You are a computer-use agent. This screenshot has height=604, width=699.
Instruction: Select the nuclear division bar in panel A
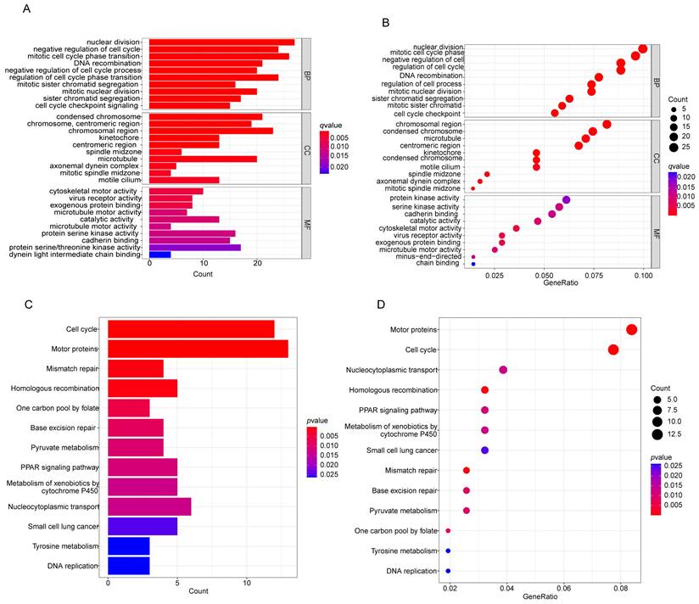tap(221, 42)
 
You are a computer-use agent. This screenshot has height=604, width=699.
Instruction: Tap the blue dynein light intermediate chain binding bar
tap(160, 254)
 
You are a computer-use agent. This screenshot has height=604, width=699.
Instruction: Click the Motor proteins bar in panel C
tap(198, 349)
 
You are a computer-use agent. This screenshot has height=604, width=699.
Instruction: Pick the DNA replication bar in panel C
tap(129, 566)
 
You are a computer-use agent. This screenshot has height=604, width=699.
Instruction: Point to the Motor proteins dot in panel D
tap(631, 330)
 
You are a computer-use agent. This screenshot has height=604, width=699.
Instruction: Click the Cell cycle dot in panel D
tap(613, 350)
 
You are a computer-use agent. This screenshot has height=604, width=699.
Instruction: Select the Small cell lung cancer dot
tap(484, 450)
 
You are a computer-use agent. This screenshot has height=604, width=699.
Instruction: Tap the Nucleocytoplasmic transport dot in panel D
tap(503, 370)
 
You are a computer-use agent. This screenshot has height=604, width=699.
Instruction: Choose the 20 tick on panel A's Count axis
tap(258, 264)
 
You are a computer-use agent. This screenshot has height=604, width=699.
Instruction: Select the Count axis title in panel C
tap(199, 590)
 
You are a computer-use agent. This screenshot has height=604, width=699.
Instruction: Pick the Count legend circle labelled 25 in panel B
tap(672, 147)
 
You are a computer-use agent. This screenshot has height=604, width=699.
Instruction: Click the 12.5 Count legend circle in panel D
tap(657, 435)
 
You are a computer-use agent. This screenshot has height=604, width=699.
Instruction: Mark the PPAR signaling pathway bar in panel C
tap(143, 467)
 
